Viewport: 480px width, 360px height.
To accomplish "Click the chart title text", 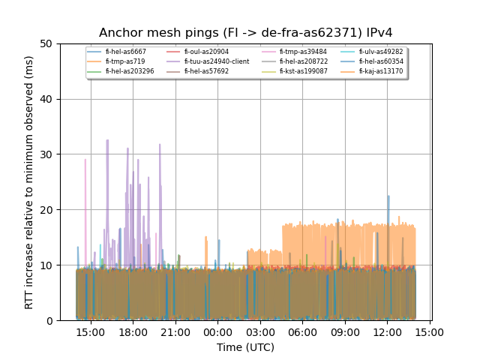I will (246, 32).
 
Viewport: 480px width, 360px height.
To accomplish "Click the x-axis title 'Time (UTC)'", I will (246, 347).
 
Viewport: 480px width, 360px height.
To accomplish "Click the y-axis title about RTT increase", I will (29, 181).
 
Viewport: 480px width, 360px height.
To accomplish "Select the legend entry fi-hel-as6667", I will (125, 52).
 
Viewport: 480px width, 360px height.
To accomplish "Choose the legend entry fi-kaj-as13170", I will (381, 71).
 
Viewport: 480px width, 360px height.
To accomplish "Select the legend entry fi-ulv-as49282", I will (381, 52).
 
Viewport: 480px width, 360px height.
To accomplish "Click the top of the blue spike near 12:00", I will (388, 196).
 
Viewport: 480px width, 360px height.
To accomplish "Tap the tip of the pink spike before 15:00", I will (85, 159).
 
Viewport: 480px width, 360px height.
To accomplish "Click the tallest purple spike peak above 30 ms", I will (107, 139).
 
